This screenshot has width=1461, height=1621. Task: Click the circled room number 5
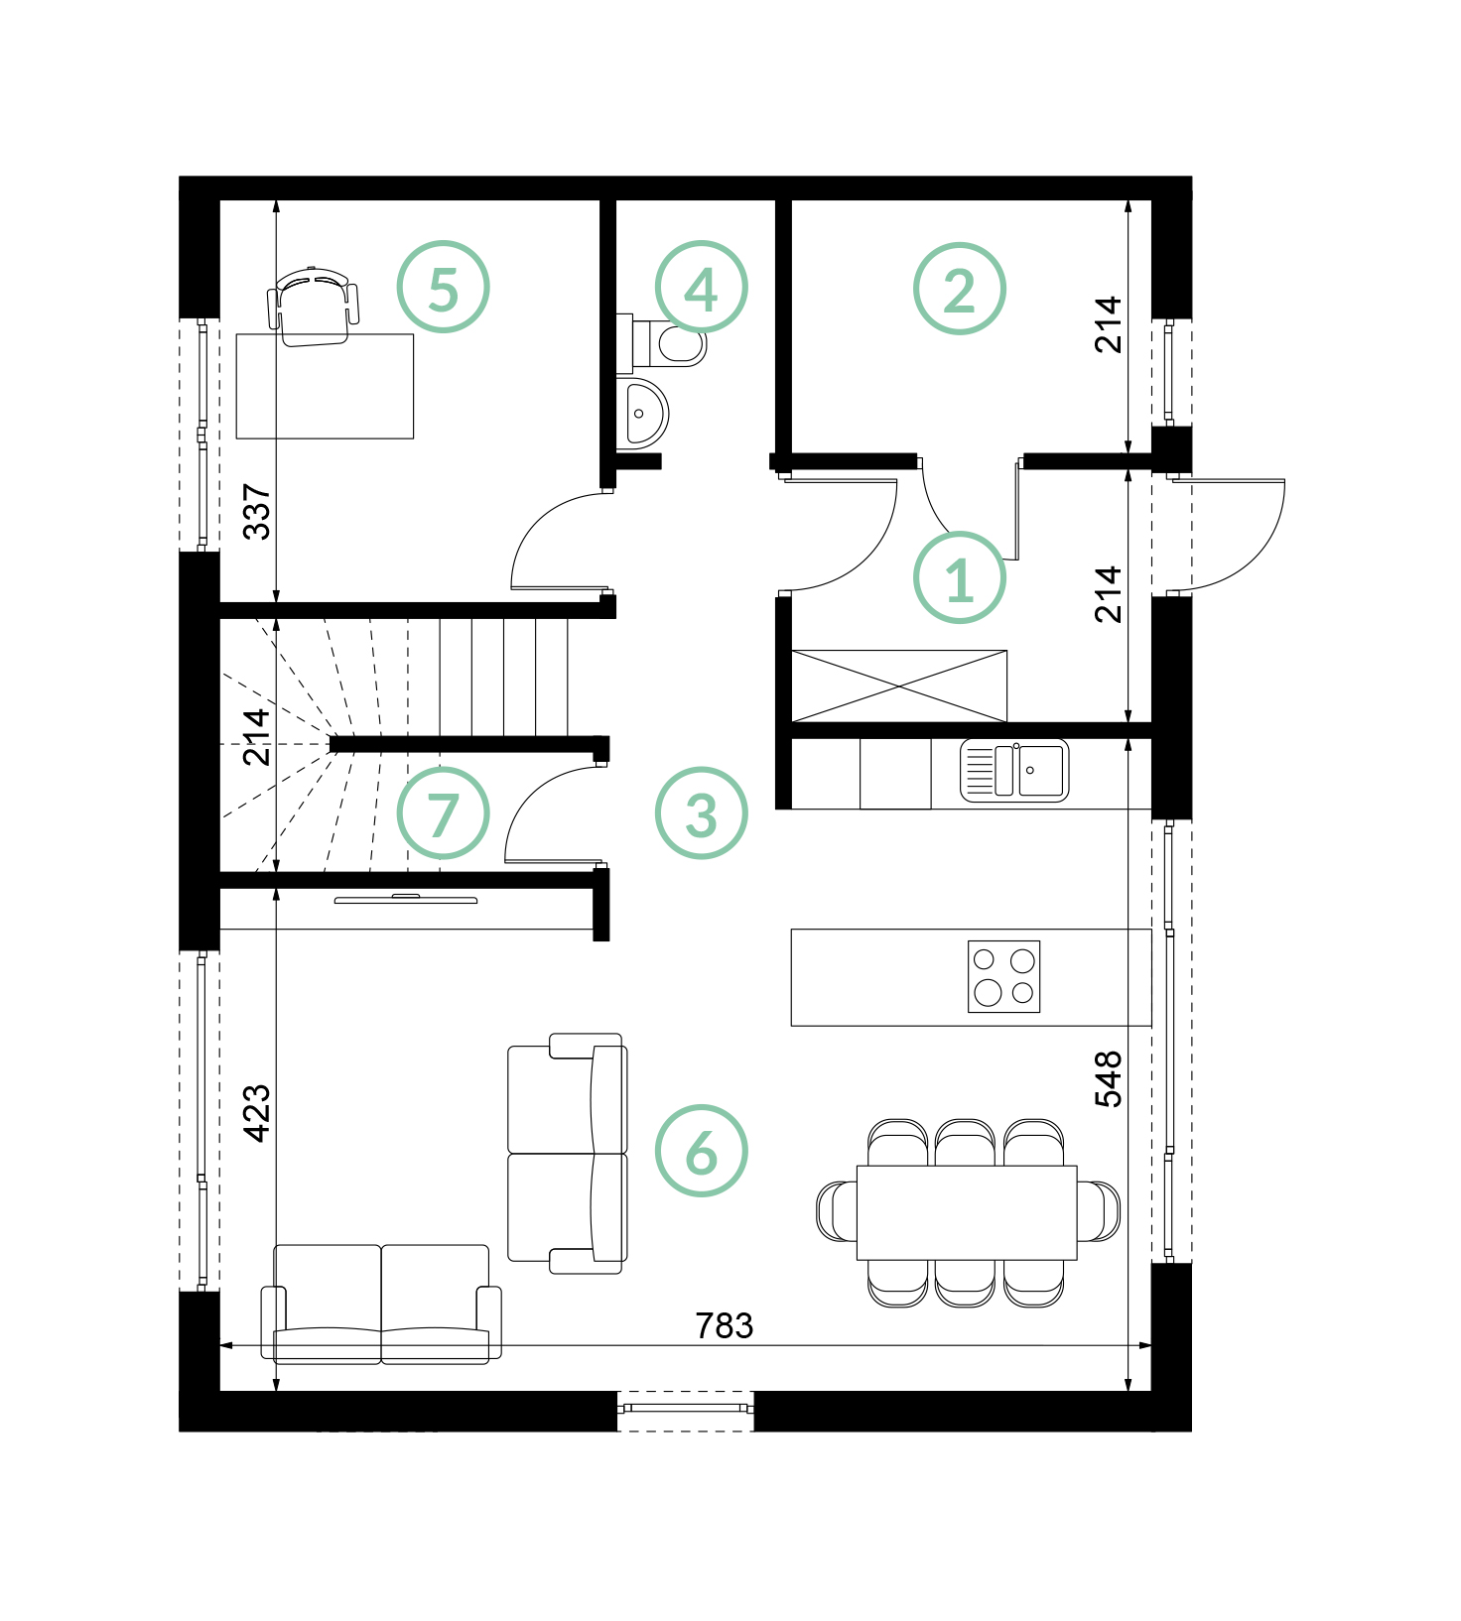click(x=443, y=287)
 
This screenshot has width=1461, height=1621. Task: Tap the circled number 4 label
click(x=701, y=287)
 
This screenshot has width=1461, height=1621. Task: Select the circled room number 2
click(x=959, y=288)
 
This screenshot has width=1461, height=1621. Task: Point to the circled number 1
click(x=959, y=577)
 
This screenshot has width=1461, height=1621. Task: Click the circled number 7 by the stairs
click(x=443, y=812)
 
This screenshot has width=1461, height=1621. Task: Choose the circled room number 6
click(x=701, y=1150)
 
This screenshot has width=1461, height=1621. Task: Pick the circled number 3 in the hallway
click(x=701, y=812)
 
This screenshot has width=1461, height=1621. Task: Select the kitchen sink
click(x=1014, y=771)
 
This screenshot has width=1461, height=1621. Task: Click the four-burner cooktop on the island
click(x=1003, y=976)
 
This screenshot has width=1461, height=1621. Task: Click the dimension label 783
click(x=725, y=1325)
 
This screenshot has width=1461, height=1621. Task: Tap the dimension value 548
click(x=1108, y=1078)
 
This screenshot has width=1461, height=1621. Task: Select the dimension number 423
click(x=256, y=1113)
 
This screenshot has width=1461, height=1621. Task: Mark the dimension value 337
click(x=256, y=511)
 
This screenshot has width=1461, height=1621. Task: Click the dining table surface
click(x=967, y=1212)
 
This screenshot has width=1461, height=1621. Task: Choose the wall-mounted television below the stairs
click(x=405, y=899)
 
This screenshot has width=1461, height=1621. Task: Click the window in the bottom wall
click(x=685, y=1409)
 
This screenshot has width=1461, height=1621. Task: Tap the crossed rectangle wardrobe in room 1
click(x=899, y=686)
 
